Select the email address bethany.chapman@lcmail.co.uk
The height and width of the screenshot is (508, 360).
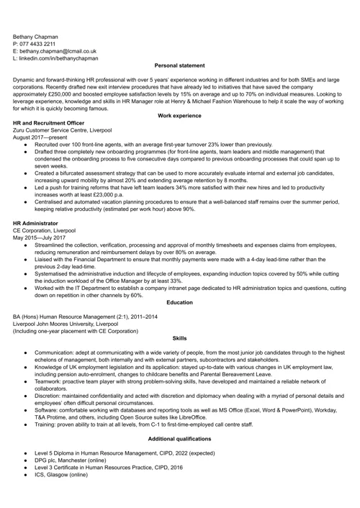(x=58, y=51)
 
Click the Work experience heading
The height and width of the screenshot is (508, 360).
(x=179, y=116)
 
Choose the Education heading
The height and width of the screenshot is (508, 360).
(x=179, y=302)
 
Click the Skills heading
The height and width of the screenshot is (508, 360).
(x=179, y=337)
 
